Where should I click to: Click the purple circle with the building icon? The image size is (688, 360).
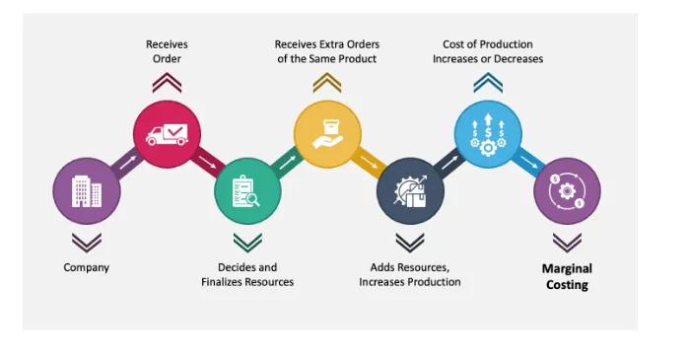click(87, 191)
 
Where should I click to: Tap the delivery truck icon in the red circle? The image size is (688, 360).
click(167, 134)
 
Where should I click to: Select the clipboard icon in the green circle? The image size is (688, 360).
click(245, 191)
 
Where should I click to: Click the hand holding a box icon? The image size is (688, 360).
click(327, 134)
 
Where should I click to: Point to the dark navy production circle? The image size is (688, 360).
click(410, 191)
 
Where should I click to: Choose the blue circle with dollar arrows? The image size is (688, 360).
click(488, 134)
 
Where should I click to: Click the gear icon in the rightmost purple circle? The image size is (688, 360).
click(567, 191)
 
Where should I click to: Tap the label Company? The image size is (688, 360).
click(87, 267)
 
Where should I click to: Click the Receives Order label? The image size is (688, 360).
click(167, 51)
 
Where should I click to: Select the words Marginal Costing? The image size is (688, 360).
click(567, 276)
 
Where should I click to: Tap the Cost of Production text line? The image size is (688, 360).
click(488, 44)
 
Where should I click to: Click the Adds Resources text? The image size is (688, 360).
click(410, 267)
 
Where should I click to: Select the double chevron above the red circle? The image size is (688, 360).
click(167, 83)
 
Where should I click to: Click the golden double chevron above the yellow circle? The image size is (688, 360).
click(327, 83)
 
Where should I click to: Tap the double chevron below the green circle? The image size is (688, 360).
click(248, 243)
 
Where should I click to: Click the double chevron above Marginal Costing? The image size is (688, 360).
click(567, 243)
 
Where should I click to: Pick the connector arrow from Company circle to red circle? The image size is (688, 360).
click(128, 163)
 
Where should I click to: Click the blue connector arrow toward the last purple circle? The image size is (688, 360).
click(529, 163)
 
